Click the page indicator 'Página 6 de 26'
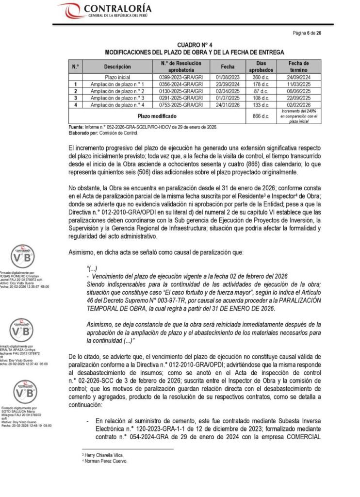[307, 33]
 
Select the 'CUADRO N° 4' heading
[194, 45]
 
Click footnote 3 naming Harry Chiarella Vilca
[103, 455]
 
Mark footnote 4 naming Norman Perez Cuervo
[105, 461]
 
